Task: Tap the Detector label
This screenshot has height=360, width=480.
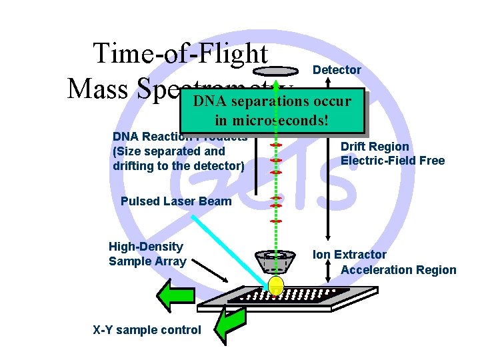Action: point(337,70)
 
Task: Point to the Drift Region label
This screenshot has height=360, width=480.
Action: point(375,147)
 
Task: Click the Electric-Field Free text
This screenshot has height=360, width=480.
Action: point(392,161)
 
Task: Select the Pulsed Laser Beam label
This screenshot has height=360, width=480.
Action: point(176,201)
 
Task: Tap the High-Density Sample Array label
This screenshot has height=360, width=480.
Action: point(147,254)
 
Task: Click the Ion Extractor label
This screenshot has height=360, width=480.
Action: point(349,255)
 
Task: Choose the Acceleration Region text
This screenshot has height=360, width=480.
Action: point(398,269)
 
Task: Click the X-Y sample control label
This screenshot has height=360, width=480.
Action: point(147,329)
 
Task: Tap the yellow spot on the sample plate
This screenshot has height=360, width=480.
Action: point(275,285)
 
